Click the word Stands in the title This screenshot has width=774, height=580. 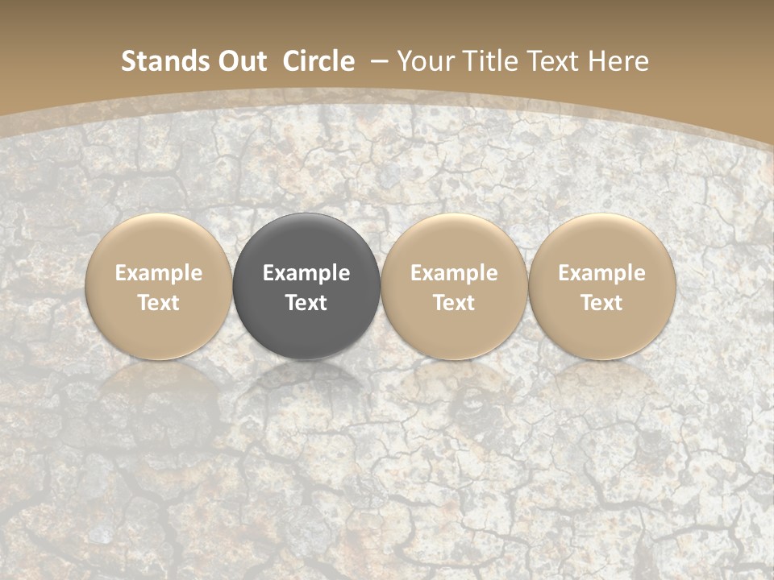click(x=156, y=61)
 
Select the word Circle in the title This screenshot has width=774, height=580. click(x=318, y=61)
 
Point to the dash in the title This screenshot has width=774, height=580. click(x=377, y=62)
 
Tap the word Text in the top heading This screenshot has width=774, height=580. click(x=556, y=61)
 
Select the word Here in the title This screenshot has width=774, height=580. click(x=620, y=61)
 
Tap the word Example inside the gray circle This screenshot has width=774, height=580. click(x=306, y=273)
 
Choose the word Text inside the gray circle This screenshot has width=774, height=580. click(x=306, y=303)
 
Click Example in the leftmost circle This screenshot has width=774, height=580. click(x=159, y=273)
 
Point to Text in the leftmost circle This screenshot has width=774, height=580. click(x=159, y=303)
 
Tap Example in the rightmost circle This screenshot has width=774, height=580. click(x=602, y=273)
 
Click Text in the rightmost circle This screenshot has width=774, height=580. click(x=602, y=303)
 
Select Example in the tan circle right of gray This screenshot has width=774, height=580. click(x=454, y=273)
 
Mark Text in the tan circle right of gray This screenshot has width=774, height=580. click(x=454, y=303)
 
